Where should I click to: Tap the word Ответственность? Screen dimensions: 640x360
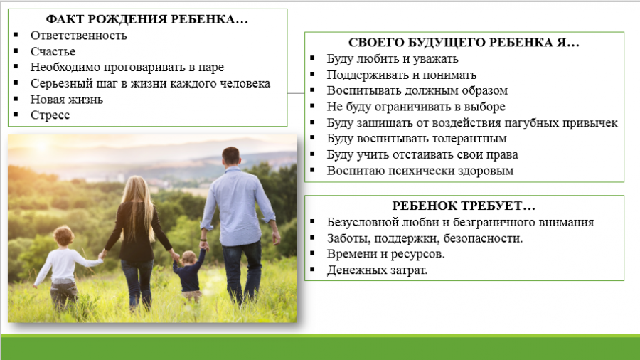click(79, 36)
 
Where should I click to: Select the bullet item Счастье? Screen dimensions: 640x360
click(53, 51)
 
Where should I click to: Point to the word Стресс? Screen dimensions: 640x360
click(50, 115)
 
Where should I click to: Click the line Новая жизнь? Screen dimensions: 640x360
click(67, 99)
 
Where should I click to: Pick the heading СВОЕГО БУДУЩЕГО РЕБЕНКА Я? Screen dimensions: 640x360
click(464, 43)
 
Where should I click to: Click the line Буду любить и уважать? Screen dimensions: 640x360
click(393, 59)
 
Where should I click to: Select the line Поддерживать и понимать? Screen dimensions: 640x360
click(401, 75)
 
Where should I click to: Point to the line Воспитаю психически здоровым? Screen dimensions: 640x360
click(420, 171)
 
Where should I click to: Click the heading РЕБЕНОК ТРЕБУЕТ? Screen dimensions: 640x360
click(464, 206)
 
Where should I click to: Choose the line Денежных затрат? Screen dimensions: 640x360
click(377, 270)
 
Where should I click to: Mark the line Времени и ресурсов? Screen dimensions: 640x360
click(385, 254)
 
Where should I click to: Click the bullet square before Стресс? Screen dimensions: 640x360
click(16, 115)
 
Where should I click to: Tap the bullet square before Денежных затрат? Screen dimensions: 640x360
click(312, 269)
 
